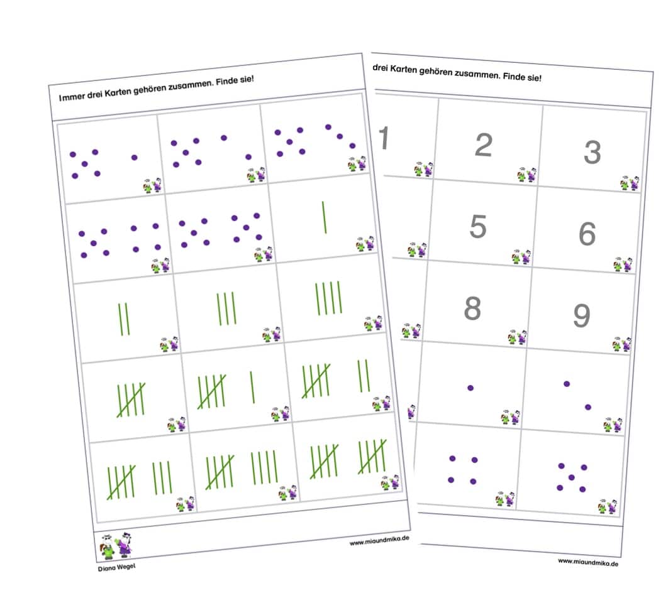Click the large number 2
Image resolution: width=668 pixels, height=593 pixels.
tap(484, 144)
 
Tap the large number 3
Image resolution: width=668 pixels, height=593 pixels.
tap(592, 152)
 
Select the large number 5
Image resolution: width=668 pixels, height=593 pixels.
tap(478, 226)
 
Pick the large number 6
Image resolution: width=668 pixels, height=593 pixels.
tap(587, 234)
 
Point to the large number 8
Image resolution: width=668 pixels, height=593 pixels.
tap(472, 308)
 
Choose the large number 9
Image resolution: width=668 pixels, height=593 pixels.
tap(582, 315)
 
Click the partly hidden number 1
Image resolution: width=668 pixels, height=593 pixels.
tap(384, 138)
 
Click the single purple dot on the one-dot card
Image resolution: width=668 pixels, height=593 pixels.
tap(470, 388)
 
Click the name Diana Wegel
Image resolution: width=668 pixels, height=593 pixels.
tap(116, 567)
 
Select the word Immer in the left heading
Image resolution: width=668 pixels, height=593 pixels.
tap(72, 97)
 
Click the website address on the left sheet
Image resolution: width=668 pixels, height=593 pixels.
tap(379, 540)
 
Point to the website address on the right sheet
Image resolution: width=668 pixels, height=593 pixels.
tap(588, 562)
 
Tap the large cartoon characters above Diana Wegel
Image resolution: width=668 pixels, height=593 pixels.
tap(116, 546)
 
